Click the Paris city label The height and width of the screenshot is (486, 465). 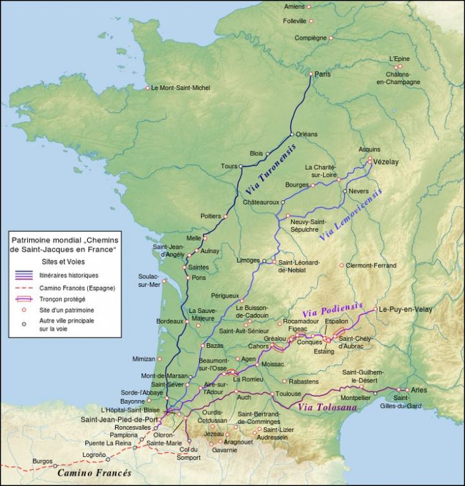[323, 74]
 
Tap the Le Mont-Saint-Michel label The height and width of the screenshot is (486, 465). [180, 88]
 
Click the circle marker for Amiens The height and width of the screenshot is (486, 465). [309, 7]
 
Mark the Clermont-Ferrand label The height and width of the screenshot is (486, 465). [371, 265]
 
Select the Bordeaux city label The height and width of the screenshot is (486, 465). [171, 321]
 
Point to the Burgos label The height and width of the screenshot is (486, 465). [43, 461]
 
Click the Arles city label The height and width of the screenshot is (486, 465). [419, 390]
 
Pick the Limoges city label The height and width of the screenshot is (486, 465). [248, 260]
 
